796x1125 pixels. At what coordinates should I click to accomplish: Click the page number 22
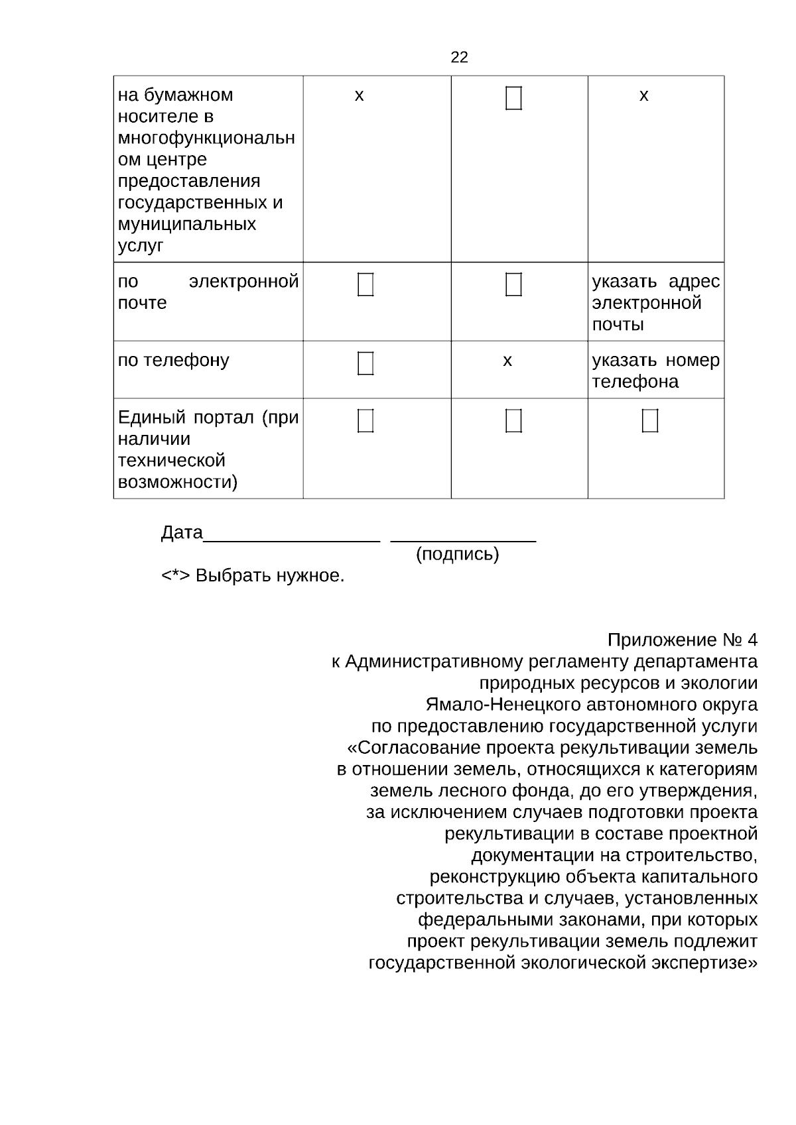coord(459,58)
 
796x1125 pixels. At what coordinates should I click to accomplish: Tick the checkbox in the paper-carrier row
coord(513,98)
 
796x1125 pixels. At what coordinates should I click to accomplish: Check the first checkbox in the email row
coord(365,284)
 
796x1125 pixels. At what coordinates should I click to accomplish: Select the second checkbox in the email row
coord(513,284)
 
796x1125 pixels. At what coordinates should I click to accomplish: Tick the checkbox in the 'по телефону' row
coord(365,363)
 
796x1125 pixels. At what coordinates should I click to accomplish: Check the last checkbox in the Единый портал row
coord(650,421)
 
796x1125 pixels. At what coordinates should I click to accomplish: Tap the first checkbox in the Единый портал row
coord(365,421)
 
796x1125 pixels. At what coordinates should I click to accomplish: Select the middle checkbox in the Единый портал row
coord(513,421)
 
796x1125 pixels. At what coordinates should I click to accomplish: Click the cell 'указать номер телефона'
coord(655,371)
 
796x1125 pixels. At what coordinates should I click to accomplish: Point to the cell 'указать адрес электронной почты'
coord(655,303)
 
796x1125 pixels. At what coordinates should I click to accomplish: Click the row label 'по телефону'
coord(173,361)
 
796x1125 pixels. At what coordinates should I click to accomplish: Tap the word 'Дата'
coord(182,533)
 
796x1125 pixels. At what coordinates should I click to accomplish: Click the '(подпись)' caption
coord(457,554)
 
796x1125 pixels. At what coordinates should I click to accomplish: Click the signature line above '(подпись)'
coord(463,542)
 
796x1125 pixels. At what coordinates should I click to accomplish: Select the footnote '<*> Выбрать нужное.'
coord(253,575)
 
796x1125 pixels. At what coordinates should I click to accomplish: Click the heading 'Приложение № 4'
coord(682,640)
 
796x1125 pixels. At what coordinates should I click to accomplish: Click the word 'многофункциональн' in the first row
coord(206,139)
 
